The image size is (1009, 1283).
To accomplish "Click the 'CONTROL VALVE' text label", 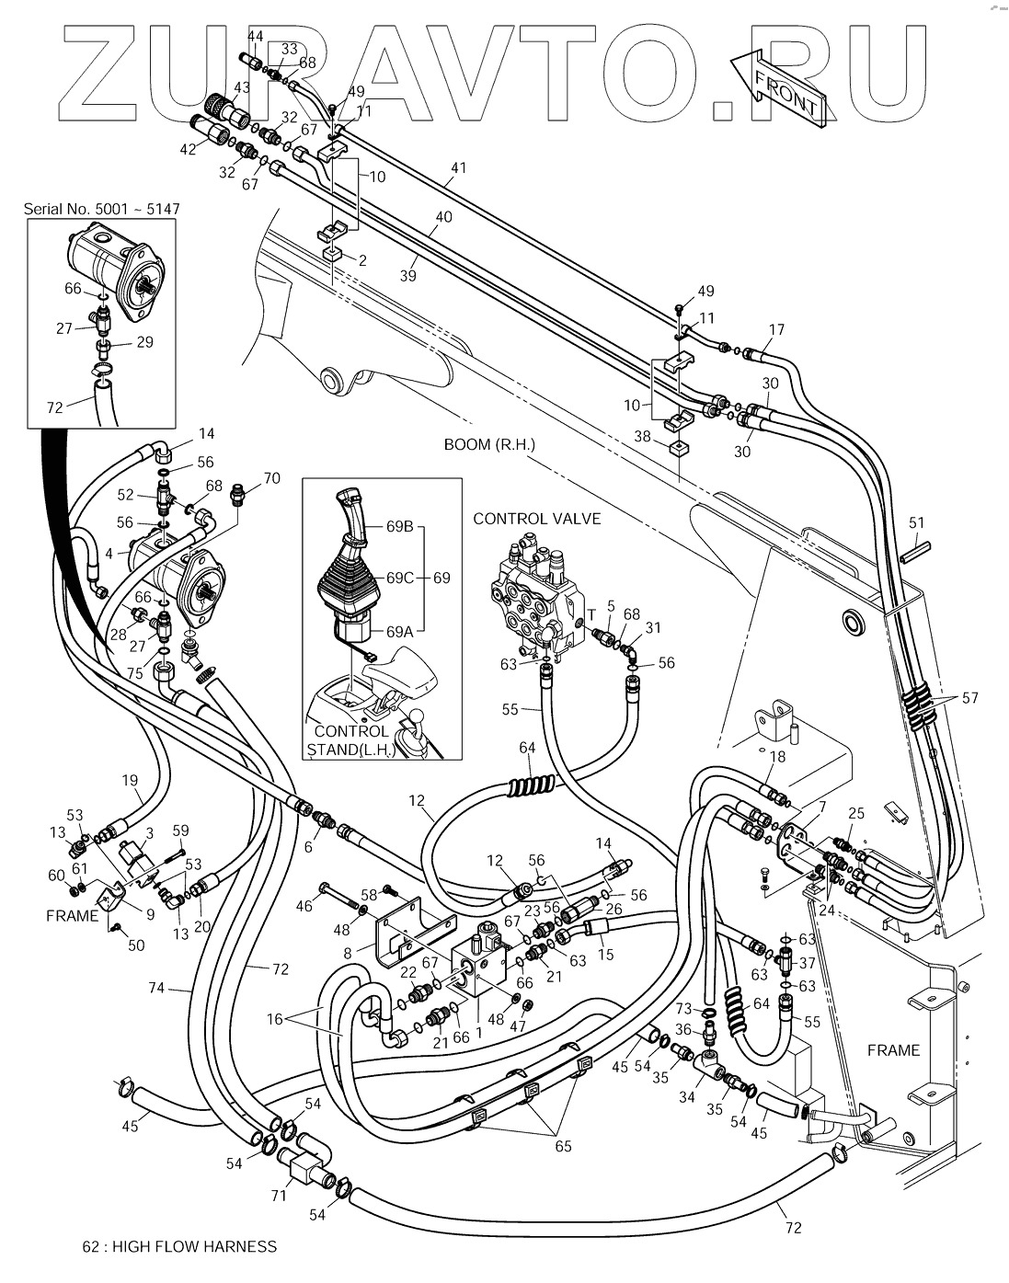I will pyautogui.click(x=537, y=519).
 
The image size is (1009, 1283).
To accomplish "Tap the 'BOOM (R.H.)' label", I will pyautogui.click(x=489, y=444).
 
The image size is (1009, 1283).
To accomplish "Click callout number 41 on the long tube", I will pyautogui.click(x=458, y=168).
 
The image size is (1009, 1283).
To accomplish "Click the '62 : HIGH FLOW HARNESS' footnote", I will pyautogui.click(x=179, y=1247).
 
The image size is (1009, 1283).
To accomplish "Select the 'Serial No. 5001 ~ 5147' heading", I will pyautogui.click(x=101, y=209).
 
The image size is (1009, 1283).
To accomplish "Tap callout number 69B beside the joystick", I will pyautogui.click(x=400, y=528).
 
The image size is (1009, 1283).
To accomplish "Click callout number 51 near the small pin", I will pyautogui.click(x=916, y=524).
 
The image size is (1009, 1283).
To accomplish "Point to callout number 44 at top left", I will pyautogui.click(x=255, y=36).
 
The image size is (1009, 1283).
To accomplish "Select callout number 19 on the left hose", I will pyautogui.click(x=130, y=780).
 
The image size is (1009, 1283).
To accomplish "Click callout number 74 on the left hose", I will pyautogui.click(x=156, y=988).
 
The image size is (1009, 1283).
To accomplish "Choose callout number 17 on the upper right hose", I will pyautogui.click(x=777, y=328).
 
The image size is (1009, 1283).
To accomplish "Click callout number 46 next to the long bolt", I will pyautogui.click(x=305, y=907).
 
